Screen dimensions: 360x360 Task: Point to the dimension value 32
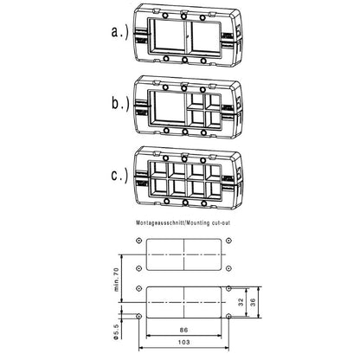240,303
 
